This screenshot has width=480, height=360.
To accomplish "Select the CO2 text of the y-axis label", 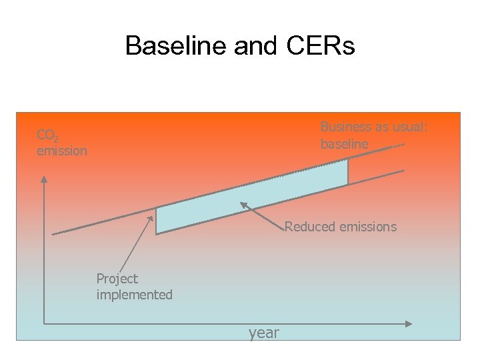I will coord(47,136).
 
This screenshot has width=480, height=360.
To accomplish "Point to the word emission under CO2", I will coord(62,151).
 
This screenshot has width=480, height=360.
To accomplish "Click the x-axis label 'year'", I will coord(264,333).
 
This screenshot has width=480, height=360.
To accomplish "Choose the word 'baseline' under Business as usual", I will coord(344,144).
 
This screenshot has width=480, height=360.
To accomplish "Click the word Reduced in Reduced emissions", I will coord(310,227).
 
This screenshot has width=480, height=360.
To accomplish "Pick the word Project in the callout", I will coord(117,279).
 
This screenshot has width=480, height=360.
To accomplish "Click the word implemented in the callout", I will coord(134,295).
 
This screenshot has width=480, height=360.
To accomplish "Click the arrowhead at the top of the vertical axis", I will coord(44,178).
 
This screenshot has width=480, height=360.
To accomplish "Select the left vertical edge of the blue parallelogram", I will coord(156,221).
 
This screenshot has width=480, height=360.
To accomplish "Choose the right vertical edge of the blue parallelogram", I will coord(348,172).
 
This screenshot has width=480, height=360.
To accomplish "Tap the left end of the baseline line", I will coord(53,233).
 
